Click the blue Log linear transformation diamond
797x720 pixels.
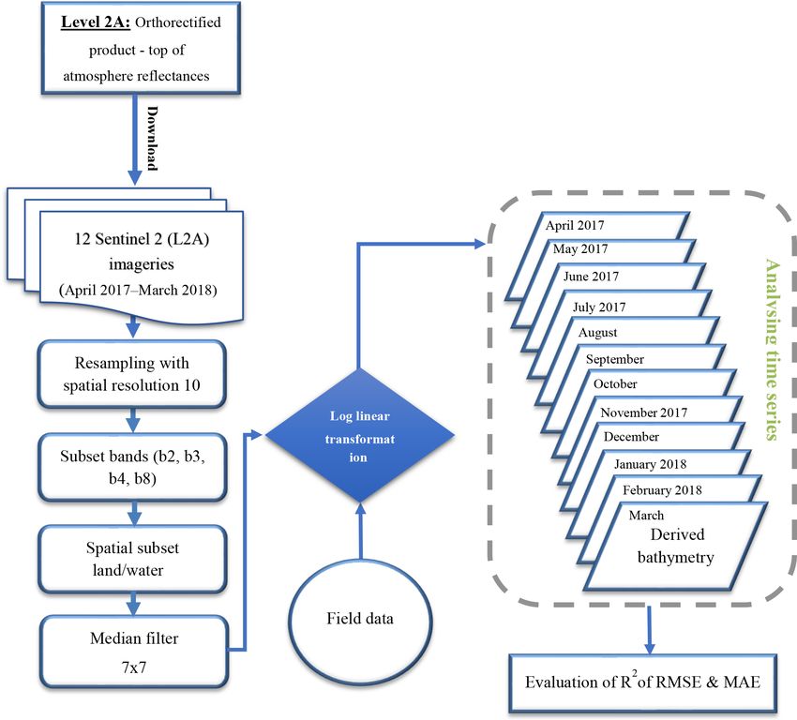click(x=359, y=435)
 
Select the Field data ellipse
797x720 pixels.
click(x=360, y=619)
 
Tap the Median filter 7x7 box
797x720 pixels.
click(x=134, y=652)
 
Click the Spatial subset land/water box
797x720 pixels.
click(x=132, y=559)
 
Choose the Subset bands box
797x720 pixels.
click(x=132, y=467)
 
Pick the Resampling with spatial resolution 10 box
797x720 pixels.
click(x=131, y=374)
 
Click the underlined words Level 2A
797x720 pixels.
click(x=96, y=22)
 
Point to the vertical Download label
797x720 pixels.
click(x=152, y=138)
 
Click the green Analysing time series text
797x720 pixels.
click(x=772, y=350)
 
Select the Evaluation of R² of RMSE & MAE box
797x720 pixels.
click(x=643, y=682)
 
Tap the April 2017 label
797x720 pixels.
click(x=575, y=225)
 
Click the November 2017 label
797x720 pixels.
click(x=643, y=412)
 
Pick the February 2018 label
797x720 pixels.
click(x=662, y=489)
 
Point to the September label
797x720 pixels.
click(x=614, y=359)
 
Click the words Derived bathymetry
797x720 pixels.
click(x=676, y=547)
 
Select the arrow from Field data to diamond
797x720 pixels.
click(x=360, y=532)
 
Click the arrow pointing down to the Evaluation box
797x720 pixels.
click(x=649, y=631)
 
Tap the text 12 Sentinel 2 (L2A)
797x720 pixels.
click(x=142, y=239)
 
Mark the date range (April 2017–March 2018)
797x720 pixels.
click(x=138, y=290)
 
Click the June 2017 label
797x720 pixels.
click(x=591, y=277)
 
